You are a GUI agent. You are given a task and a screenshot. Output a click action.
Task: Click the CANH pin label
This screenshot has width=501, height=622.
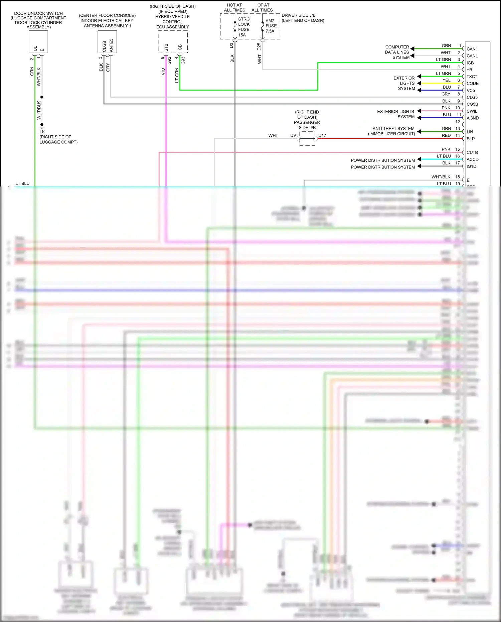coord(472,49)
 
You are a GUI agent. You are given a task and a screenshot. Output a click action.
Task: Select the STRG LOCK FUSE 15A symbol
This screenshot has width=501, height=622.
coord(235,27)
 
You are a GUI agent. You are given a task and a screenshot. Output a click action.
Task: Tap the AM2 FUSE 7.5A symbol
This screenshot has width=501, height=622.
coord(263,26)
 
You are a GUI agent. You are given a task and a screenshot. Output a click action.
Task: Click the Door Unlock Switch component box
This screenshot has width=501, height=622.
coord(38,42)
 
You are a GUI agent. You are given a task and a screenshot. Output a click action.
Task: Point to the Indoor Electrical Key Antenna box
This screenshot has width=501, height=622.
coord(107,42)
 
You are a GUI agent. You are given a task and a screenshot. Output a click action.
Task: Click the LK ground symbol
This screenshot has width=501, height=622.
coord(42,126)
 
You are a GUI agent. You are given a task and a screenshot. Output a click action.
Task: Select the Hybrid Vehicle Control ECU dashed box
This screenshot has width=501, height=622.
coord(173,42)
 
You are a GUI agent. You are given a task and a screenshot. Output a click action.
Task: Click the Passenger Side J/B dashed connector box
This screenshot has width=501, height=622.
coord(307,138)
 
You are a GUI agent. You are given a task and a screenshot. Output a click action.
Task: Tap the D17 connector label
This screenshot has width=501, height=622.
coord(322,135)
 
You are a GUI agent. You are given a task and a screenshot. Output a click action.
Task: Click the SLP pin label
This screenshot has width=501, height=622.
coord(470,139)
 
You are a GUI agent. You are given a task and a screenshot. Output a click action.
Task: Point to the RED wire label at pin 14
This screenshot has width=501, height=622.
coord(446,135)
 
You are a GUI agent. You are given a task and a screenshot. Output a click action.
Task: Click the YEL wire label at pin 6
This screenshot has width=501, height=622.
coord(446,80)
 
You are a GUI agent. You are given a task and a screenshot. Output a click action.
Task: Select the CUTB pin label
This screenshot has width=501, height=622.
coord(472,152)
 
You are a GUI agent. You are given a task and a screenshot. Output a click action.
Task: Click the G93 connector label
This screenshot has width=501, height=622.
coord(183,60)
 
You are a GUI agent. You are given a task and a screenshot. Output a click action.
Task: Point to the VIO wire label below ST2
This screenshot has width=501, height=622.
coord(163,72)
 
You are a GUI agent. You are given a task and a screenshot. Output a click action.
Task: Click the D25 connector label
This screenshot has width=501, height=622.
coord(259,46)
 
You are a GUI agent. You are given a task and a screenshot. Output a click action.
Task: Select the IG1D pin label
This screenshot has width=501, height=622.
coord(471,166)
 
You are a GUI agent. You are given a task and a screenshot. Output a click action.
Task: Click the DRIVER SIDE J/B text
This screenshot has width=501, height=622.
coord(298,15)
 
